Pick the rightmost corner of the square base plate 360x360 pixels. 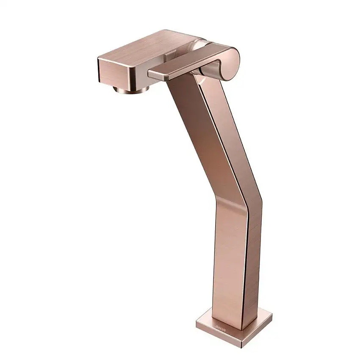point(271,316)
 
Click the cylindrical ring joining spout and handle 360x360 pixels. point(199,44)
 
